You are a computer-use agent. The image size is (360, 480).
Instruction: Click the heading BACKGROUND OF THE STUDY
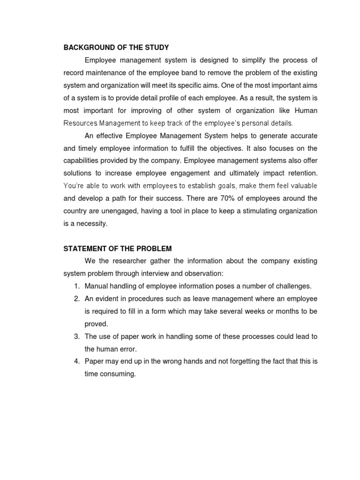pyautogui.click(x=116, y=47)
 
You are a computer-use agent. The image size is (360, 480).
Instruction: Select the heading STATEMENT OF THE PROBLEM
pyautogui.click(x=118, y=248)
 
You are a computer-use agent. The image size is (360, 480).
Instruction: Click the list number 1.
pyautogui.click(x=76, y=286)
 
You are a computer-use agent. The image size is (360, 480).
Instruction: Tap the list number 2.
pyautogui.click(x=76, y=299)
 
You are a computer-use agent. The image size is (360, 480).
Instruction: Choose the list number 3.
pyautogui.click(x=76, y=336)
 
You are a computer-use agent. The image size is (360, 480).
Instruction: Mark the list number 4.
pyautogui.click(x=76, y=361)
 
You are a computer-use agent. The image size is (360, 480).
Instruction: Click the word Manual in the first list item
pyautogui.click(x=96, y=286)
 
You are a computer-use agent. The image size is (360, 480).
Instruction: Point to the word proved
pyautogui.click(x=96, y=323)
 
